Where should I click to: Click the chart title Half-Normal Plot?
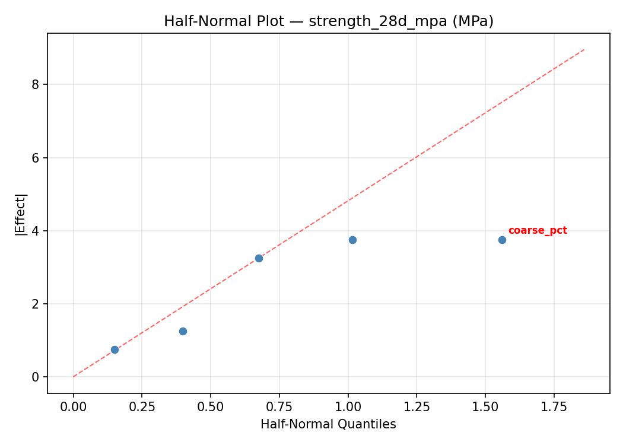tap(329, 21)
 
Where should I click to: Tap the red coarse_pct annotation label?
tap(538, 231)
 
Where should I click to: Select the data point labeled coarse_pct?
tap(502, 240)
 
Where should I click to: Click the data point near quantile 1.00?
tap(352, 240)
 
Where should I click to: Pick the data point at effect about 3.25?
tap(259, 258)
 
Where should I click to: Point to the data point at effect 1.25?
tap(183, 331)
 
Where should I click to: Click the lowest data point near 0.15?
tap(115, 349)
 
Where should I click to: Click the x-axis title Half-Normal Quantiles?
tap(328, 424)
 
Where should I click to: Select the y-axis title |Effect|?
tap(21, 214)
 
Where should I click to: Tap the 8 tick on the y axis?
tap(36, 85)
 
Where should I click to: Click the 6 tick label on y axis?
tap(36, 158)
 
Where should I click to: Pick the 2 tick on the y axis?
tap(36, 304)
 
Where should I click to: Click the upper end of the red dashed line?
tap(584, 49)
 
